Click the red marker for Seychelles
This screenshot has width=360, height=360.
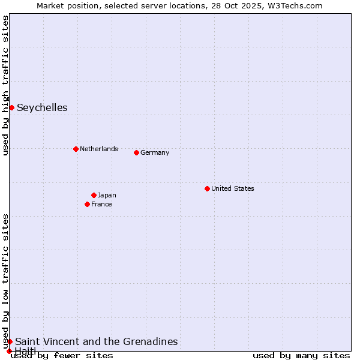click(x=11, y=107)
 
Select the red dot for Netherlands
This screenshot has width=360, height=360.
click(x=76, y=149)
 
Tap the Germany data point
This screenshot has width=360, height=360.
click(x=136, y=152)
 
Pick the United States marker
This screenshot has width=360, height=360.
click(x=207, y=188)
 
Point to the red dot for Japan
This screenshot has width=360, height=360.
click(x=94, y=195)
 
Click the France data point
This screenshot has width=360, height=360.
click(x=88, y=204)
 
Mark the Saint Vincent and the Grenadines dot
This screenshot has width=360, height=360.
click(x=10, y=341)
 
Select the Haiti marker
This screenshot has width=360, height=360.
click(x=9, y=351)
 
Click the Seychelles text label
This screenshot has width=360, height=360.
click(x=42, y=108)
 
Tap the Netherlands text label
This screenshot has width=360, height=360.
click(x=99, y=149)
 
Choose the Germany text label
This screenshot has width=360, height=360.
click(x=155, y=152)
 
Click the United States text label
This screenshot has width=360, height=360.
click(x=233, y=188)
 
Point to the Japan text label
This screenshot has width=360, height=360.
click(x=107, y=195)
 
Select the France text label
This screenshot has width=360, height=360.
click(x=101, y=204)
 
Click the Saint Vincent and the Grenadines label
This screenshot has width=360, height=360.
click(x=97, y=341)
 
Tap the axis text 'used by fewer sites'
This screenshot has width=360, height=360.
click(x=62, y=356)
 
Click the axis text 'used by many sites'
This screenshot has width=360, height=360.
click(x=301, y=356)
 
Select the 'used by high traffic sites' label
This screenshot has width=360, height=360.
click(x=5, y=85)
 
